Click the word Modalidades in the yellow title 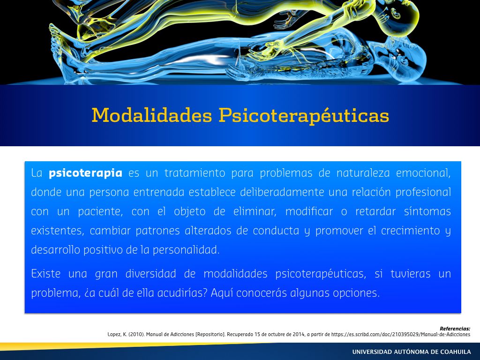[152, 115]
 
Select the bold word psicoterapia [85, 173]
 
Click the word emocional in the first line [423, 173]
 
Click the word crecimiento [411, 231]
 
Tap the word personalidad [186, 250]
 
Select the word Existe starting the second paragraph [45, 273]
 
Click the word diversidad [150, 273]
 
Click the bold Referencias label [455, 329]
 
